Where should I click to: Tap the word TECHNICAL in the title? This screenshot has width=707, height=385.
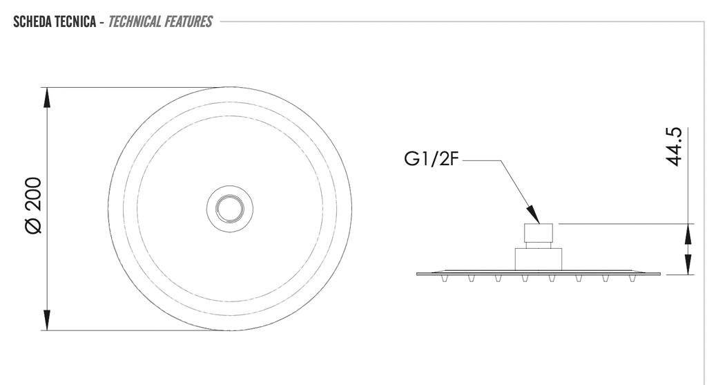tap(135, 21)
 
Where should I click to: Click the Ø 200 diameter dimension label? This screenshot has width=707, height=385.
tap(34, 205)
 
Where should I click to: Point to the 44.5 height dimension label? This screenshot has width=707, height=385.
tap(674, 147)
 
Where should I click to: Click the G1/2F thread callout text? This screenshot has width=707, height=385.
tap(431, 159)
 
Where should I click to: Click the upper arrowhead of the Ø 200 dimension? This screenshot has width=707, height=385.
tap(47, 97)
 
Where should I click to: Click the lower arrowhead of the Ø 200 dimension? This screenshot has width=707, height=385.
tap(47, 320)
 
